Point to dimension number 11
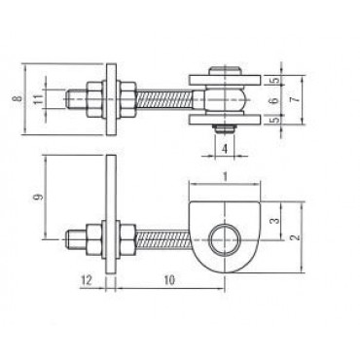coord(38,98)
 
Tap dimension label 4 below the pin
coord(224,149)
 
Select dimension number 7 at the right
coord(295,99)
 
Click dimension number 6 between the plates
coord(274,100)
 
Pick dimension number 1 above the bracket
coord(225,176)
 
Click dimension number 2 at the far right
coord(295,237)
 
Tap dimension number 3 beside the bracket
coord(274,221)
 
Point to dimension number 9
coord(38,197)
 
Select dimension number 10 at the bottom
coord(169,280)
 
